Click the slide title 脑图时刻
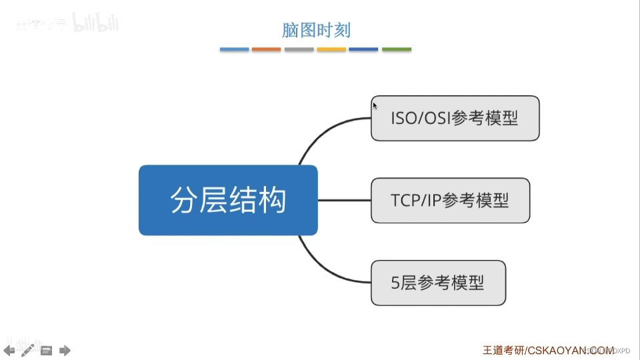point(316,30)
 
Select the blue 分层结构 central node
point(228,200)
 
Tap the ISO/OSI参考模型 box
point(455,118)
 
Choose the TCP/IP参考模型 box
point(450,200)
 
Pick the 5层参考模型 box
point(438,283)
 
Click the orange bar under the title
point(267,49)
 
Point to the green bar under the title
point(397,49)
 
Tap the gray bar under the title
point(299,49)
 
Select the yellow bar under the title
point(331,49)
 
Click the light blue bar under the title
point(234,49)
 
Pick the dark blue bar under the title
point(363,49)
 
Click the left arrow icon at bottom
point(9,350)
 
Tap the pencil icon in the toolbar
point(27,350)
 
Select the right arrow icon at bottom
point(65,350)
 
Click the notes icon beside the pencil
point(46,350)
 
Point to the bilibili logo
point(97,25)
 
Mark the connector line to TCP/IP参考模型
point(344,200)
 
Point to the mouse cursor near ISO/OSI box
point(375,105)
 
